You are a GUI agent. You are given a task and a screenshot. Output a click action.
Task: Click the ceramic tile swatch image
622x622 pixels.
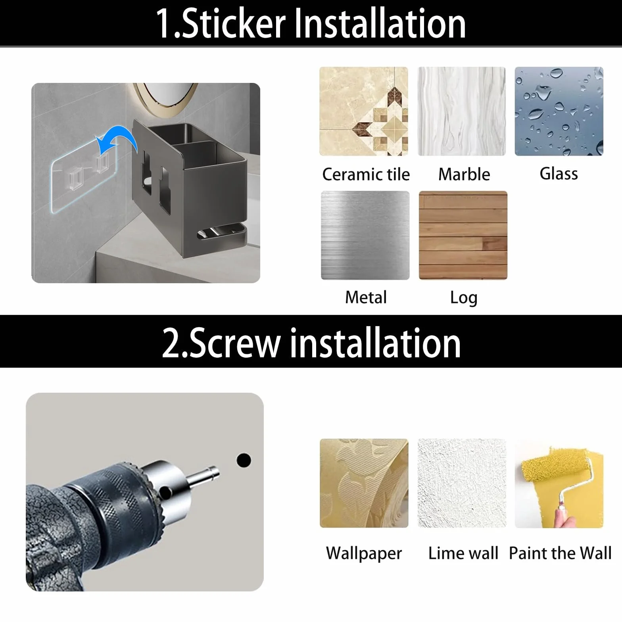(x=364, y=111)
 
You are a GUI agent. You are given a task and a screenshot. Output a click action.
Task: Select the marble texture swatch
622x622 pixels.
(x=462, y=111)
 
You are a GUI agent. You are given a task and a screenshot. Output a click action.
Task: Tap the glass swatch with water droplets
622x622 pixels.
(x=559, y=111)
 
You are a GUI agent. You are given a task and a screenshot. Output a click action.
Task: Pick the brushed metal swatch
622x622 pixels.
(x=365, y=235)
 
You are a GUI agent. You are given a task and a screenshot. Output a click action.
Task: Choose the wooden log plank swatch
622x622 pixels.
(x=463, y=235)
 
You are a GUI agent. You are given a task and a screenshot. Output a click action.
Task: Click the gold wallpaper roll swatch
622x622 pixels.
(x=364, y=483)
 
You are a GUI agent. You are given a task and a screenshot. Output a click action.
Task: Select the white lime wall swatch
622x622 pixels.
(x=462, y=483)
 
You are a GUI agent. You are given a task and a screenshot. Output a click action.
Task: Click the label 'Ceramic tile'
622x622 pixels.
(x=366, y=174)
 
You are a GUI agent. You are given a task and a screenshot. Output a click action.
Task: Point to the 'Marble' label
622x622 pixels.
(x=464, y=174)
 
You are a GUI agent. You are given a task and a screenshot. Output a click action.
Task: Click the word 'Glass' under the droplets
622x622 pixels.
(x=559, y=174)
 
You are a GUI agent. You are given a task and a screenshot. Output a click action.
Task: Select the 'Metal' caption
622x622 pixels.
(x=366, y=297)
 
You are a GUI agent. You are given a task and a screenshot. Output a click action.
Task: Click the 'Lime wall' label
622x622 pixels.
(x=463, y=553)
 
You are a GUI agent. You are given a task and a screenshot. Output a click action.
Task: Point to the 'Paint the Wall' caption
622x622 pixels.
(x=560, y=553)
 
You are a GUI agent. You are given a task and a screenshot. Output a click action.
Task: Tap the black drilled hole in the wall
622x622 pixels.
(x=244, y=460)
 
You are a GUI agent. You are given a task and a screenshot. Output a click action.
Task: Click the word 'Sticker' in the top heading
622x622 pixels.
(x=234, y=24)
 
